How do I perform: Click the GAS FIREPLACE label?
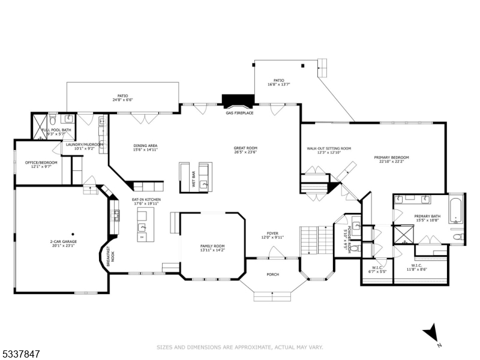pyautogui.click(x=239, y=113)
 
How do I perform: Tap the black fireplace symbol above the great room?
pyautogui.click(x=230, y=100)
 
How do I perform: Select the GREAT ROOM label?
pyautogui.click(x=245, y=149)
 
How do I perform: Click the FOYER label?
pyautogui.click(x=272, y=235)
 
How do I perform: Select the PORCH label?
pyautogui.click(x=272, y=274)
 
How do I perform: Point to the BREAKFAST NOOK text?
pyautogui.click(x=109, y=256)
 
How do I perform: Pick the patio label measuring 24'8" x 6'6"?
pyautogui.click(x=122, y=97)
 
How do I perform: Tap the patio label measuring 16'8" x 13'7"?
pyautogui.click(x=278, y=82)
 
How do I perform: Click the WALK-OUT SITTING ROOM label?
pyautogui.click(x=329, y=149)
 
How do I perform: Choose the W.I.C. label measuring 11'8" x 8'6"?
pyautogui.click(x=418, y=266)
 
